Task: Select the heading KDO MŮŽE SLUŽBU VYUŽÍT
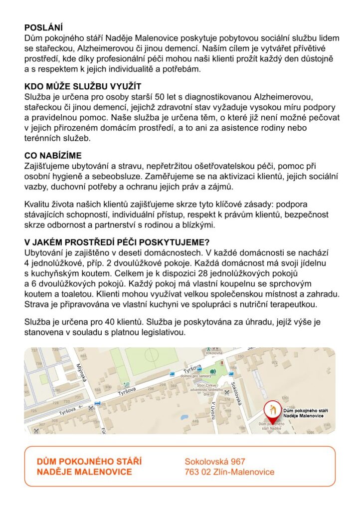[x=83, y=86]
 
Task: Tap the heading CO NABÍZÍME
[x=53, y=155]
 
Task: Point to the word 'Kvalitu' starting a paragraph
[x=38, y=205]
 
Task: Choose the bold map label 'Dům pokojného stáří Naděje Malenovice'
[x=303, y=413]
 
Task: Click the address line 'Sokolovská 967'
[x=215, y=462]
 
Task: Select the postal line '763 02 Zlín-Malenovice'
[x=229, y=472]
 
